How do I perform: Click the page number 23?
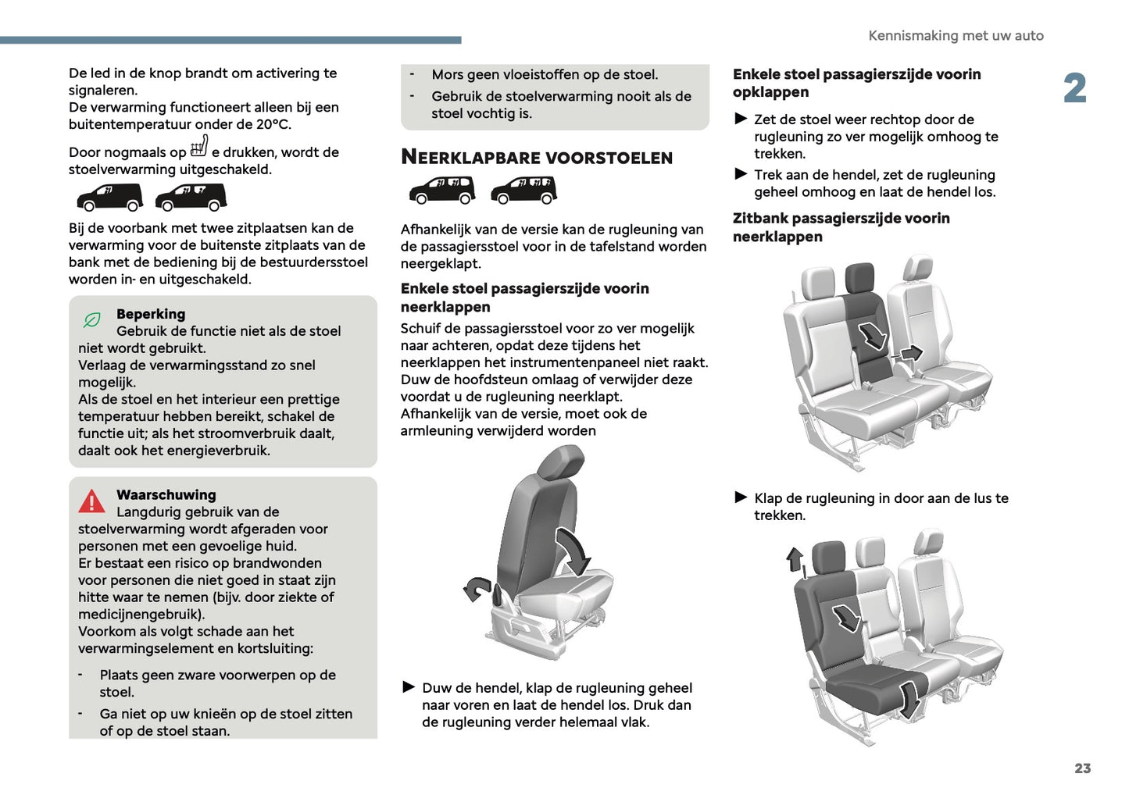coord(1082,768)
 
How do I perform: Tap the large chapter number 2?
coord(1075,88)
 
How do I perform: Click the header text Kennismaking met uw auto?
coord(956,36)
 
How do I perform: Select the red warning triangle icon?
coord(91,501)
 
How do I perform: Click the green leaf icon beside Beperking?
coord(92,320)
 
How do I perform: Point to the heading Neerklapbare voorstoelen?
coord(536,158)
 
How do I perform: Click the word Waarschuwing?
coord(166,495)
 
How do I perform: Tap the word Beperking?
coord(151,314)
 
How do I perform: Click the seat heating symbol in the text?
coord(199,147)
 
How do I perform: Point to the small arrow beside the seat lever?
coord(476,588)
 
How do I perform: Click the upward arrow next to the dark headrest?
coord(795,559)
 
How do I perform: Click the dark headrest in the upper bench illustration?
coord(859,278)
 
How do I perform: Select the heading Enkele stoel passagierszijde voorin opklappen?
coord(856,83)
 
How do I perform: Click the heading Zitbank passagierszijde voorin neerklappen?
coord(841,227)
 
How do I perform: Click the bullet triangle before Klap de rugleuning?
coord(741,497)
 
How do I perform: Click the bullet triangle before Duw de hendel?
coord(409,687)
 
